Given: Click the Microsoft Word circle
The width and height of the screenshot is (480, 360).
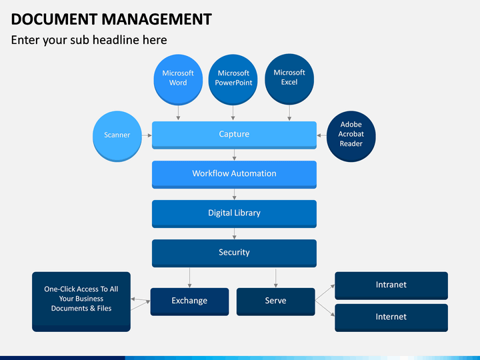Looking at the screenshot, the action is click(178, 79).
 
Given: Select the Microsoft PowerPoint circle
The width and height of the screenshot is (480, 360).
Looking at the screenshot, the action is click(233, 79).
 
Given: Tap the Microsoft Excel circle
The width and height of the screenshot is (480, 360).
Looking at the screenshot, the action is click(289, 79).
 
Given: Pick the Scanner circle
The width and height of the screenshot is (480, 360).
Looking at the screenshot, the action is click(117, 136).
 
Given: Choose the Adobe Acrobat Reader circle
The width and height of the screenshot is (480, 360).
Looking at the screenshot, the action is click(351, 136).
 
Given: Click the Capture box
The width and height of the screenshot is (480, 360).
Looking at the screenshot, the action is click(234, 135).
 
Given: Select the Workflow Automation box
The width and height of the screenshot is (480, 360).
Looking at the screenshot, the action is click(234, 175).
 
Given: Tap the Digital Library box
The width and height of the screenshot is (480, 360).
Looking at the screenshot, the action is click(234, 214).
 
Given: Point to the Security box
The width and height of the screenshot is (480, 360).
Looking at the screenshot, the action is click(234, 253).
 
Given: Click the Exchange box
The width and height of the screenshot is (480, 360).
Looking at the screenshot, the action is click(189, 301).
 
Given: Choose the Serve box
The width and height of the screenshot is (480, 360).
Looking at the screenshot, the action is click(275, 301).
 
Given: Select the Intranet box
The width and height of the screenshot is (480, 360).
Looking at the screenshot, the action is click(391, 285).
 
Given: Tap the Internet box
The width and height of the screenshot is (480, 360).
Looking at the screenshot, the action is click(391, 318).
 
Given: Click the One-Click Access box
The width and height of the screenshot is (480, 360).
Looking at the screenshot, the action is click(81, 301).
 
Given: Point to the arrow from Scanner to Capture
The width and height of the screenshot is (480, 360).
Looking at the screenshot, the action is click(147, 135).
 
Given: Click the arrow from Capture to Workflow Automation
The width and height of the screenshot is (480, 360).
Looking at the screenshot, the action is click(234, 155).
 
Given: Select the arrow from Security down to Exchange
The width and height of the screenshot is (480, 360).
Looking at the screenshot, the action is click(189, 277).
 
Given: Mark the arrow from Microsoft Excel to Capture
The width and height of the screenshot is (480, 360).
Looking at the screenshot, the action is click(289, 113).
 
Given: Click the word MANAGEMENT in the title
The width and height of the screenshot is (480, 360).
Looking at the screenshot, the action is click(157, 19).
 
